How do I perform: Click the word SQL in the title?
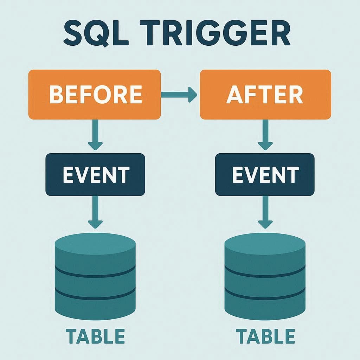[x=96, y=33]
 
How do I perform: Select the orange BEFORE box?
[x=94, y=94]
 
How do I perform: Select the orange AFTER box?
[x=265, y=94]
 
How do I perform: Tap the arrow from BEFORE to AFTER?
[x=179, y=94]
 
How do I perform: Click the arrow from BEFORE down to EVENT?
[x=95, y=135]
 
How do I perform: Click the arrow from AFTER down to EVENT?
[x=265, y=135]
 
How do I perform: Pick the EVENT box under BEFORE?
[x=95, y=174]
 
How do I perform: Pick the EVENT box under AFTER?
[x=265, y=174]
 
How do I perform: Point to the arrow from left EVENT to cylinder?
[x=95, y=212]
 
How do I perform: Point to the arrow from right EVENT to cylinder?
[x=265, y=212]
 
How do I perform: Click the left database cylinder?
[x=95, y=277]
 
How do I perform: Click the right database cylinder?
[x=265, y=277]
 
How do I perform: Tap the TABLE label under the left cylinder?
[x=95, y=336]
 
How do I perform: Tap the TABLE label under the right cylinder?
[x=265, y=336]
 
